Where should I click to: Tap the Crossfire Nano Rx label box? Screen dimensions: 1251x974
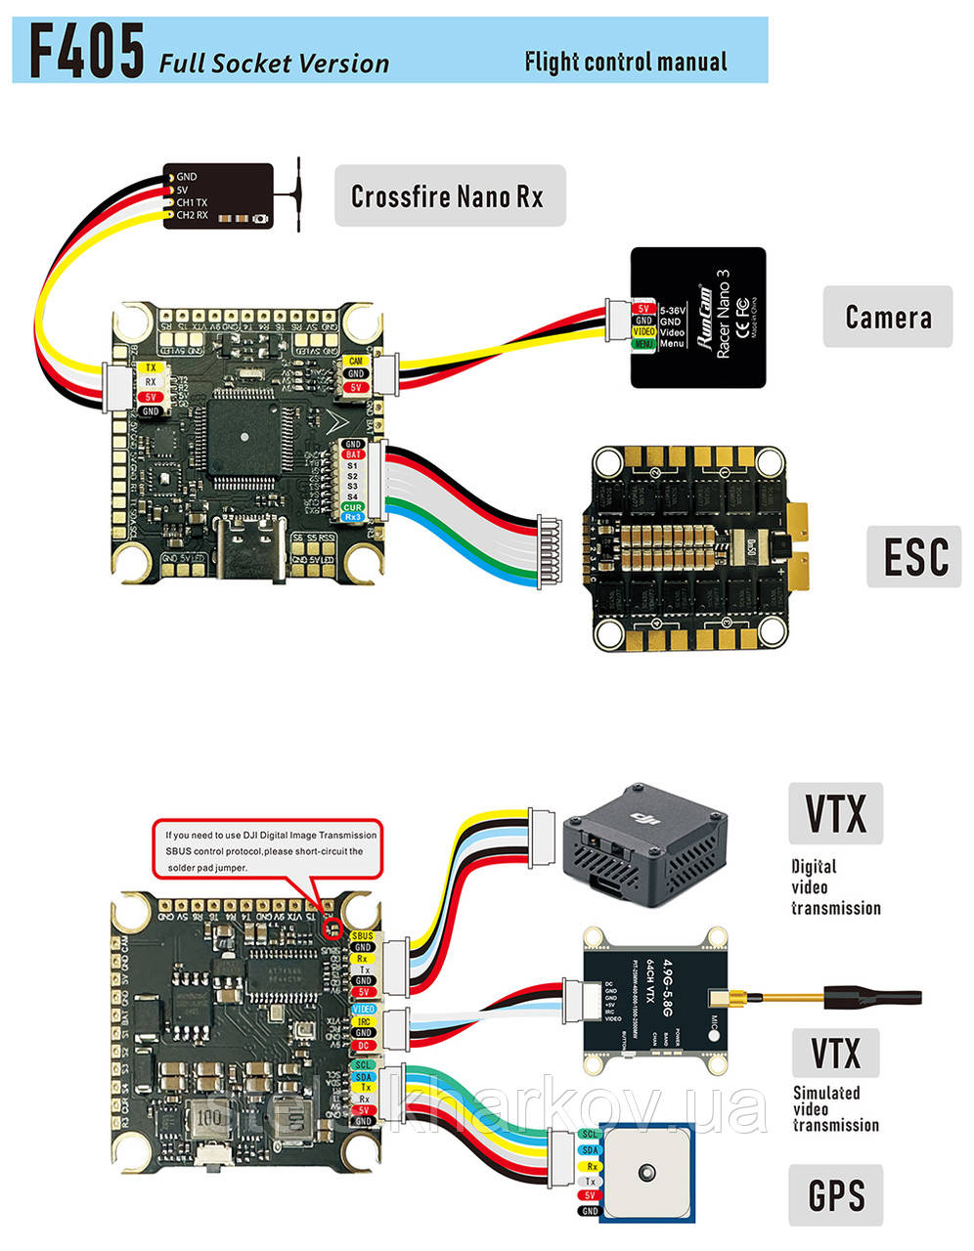click(449, 196)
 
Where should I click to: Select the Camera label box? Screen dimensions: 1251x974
click(887, 317)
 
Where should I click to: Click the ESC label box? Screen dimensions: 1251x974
click(914, 556)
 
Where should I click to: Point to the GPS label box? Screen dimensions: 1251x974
click(836, 1194)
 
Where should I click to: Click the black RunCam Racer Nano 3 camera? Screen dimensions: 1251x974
click(697, 318)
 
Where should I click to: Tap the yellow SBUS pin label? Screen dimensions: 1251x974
click(362, 935)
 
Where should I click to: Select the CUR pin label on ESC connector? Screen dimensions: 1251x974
click(352, 507)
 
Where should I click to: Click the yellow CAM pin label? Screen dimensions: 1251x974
click(355, 362)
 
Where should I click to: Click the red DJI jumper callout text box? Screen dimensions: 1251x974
click(270, 850)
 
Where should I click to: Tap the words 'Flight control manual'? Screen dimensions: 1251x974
click(626, 63)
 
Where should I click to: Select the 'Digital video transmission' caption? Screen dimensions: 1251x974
click(835, 887)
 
